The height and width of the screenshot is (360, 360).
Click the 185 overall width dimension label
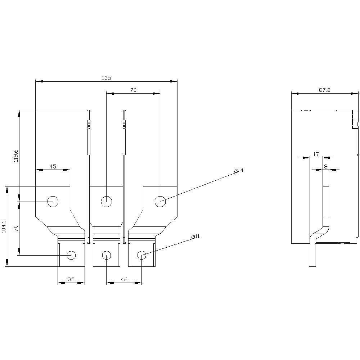[106, 77]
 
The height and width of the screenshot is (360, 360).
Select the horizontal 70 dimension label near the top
[133, 90]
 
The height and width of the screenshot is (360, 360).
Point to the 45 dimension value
[53, 166]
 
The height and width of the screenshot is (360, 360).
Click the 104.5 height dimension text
[4, 226]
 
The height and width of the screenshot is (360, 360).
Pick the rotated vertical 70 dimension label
[15, 228]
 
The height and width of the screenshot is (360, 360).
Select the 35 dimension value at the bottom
[71, 279]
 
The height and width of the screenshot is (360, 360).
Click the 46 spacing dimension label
[123, 279]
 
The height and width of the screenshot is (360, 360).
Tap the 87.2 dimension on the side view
[324, 90]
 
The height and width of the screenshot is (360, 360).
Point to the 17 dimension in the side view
[316, 154]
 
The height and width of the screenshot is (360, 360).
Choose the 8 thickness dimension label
[326, 166]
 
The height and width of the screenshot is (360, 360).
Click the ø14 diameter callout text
[239, 171]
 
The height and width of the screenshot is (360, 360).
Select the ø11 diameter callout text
[195, 237]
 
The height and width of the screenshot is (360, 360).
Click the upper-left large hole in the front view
[53, 202]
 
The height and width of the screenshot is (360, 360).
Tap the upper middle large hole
[106, 202]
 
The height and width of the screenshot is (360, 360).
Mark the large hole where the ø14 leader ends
[160, 202]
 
